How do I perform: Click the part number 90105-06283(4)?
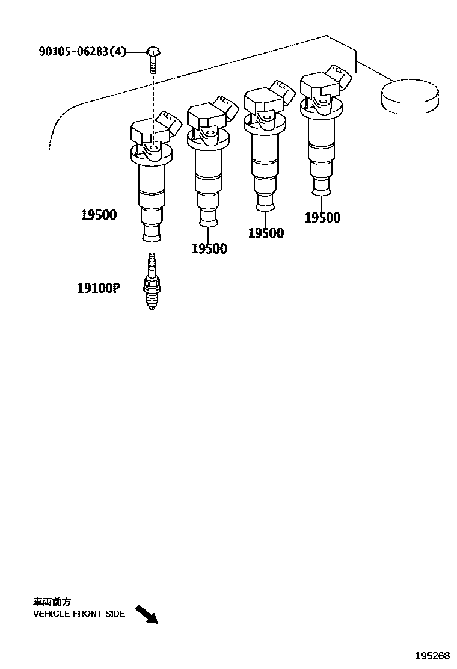click(x=83, y=52)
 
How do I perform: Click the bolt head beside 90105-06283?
click(x=153, y=52)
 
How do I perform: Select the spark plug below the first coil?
click(x=152, y=281)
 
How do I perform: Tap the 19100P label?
click(x=97, y=288)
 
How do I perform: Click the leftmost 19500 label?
click(x=99, y=215)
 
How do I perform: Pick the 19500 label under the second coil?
click(x=209, y=248)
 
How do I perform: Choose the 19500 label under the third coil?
click(x=266, y=233)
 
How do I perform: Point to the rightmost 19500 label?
click(x=323, y=217)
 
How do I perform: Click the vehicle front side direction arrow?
click(x=147, y=614)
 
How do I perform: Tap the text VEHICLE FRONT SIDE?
click(x=79, y=614)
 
